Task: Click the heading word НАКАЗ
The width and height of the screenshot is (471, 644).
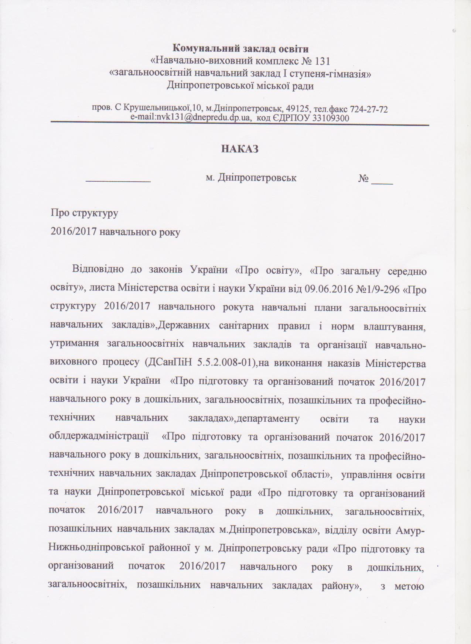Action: coord(239,149)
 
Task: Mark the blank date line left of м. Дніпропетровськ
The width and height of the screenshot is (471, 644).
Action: coord(118,181)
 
